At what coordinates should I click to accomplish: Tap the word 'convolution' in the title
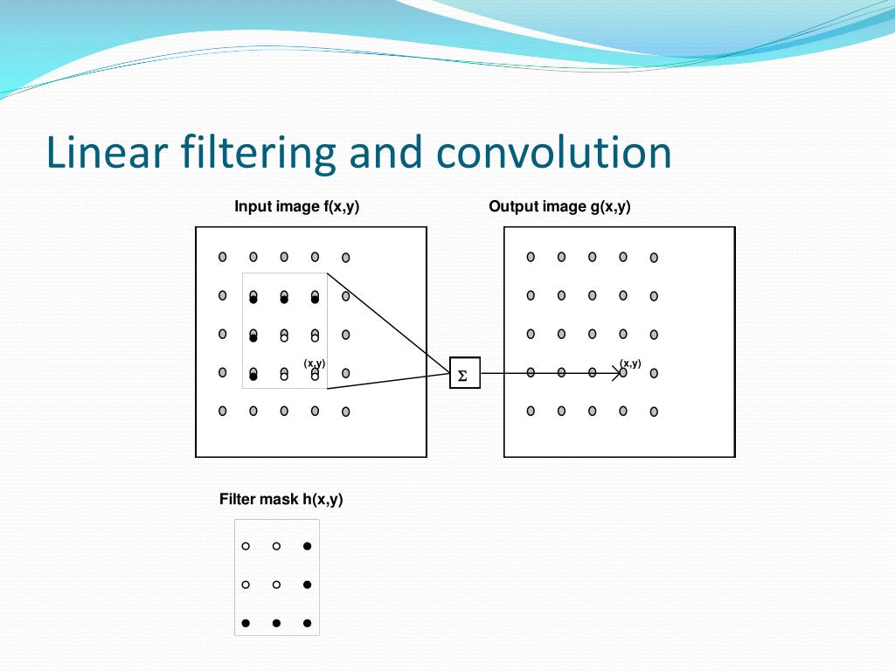pos(554,152)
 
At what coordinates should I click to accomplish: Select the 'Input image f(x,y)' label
pos(297,207)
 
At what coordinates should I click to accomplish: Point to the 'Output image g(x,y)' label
pos(559,207)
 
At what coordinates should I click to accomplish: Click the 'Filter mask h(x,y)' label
pos(281,500)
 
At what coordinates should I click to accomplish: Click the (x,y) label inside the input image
pos(315,363)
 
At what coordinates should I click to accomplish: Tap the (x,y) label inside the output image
pos(630,363)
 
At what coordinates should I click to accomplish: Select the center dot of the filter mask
pos(276,585)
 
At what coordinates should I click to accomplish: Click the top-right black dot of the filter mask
pos(307,546)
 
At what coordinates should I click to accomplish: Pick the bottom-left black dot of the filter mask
pos(246,623)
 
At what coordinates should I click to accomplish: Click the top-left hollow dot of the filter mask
pos(246,546)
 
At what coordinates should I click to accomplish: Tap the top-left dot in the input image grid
pos(223,257)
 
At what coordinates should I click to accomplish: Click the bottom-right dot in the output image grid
pos(654,412)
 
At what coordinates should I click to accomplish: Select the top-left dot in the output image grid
pos(531,257)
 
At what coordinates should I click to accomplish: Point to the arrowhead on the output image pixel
pos(620,373)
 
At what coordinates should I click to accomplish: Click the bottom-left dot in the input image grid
pos(223,411)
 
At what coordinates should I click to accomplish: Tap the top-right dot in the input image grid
pos(346,258)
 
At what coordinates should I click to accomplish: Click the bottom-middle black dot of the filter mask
pos(276,623)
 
